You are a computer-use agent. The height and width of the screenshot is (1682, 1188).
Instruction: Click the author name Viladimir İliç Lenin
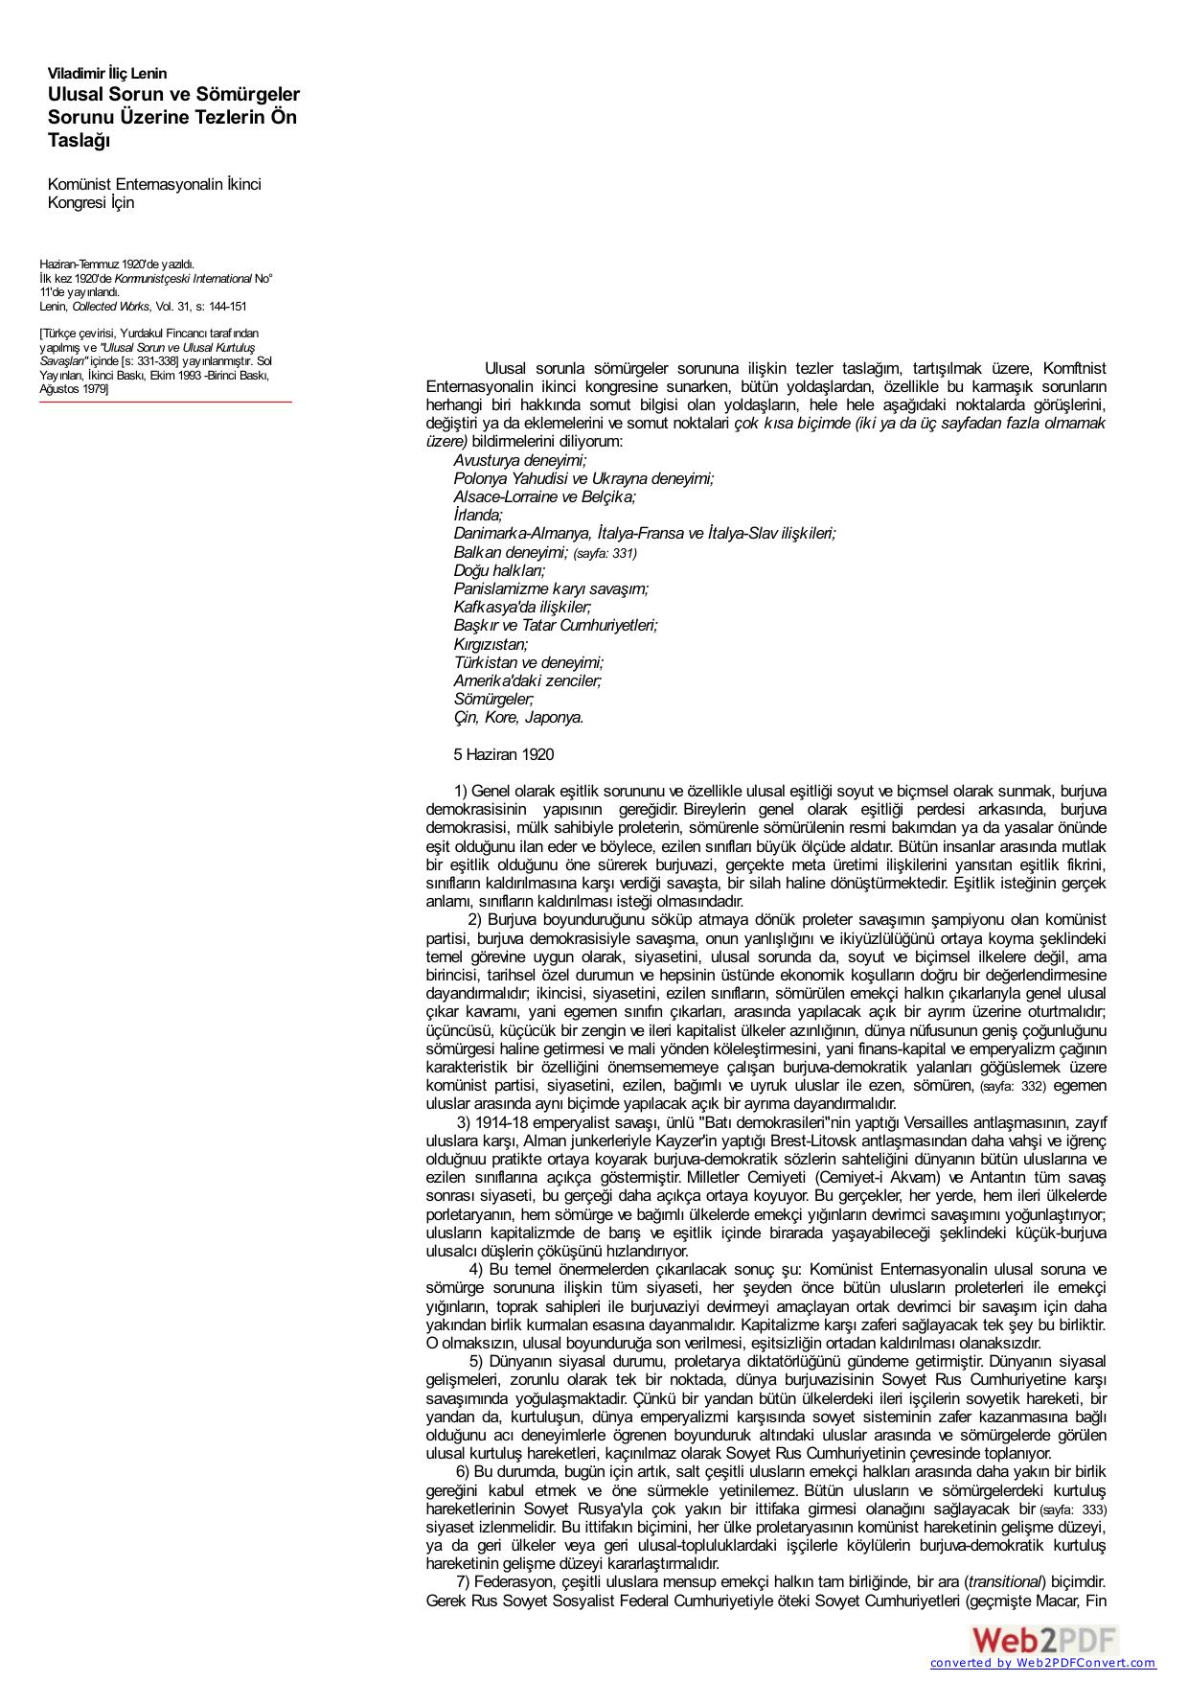click(x=107, y=73)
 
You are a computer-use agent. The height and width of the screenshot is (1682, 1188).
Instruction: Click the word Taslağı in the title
click(x=80, y=141)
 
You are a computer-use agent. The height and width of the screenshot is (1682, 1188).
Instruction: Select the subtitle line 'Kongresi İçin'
click(x=91, y=202)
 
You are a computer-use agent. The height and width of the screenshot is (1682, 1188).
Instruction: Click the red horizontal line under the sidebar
click(x=165, y=403)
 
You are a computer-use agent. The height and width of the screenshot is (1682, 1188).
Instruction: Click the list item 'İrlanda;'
click(x=478, y=515)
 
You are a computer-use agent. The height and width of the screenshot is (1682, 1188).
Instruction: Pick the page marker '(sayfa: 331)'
click(x=605, y=553)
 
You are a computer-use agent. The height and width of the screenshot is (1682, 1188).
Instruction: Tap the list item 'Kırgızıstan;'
click(x=491, y=644)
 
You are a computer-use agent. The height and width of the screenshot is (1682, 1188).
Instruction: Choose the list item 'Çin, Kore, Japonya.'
click(x=518, y=717)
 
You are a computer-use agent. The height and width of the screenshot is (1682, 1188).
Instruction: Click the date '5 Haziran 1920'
click(x=503, y=754)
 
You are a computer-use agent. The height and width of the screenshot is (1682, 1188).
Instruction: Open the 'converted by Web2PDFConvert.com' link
click(x=1042, y=1663)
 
